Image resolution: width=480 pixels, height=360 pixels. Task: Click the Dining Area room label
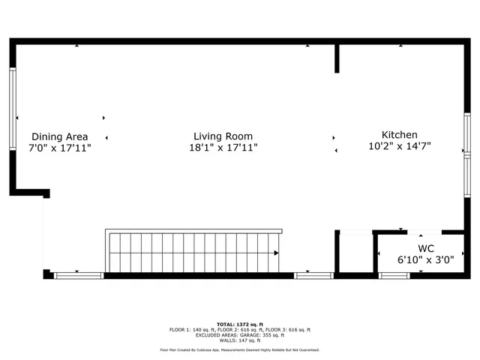point(59,136)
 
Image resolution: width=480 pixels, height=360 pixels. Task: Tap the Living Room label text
point(223,136)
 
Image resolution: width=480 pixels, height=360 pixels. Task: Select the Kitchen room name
point(400,134)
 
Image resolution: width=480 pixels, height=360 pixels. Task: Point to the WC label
point(426,248)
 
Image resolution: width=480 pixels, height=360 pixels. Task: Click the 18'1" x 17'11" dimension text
point(223,148)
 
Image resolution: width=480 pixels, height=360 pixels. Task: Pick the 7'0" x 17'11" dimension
point(59,148)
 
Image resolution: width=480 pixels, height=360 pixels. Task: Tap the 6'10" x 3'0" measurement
point(426,259)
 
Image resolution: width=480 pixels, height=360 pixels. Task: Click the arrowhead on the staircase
point(276,253)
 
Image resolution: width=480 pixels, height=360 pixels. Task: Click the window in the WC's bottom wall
point(394,276)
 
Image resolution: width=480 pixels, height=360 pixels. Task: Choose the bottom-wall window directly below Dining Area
point(79,276)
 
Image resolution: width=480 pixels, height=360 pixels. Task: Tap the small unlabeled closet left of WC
point(355,253)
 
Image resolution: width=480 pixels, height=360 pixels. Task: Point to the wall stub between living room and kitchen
point(337,58)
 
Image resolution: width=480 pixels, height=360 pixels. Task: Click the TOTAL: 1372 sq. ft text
point(239,323)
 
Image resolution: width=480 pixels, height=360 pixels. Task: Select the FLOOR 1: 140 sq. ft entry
point(191,329)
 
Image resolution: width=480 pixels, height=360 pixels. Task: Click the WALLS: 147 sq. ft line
point(239,340)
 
